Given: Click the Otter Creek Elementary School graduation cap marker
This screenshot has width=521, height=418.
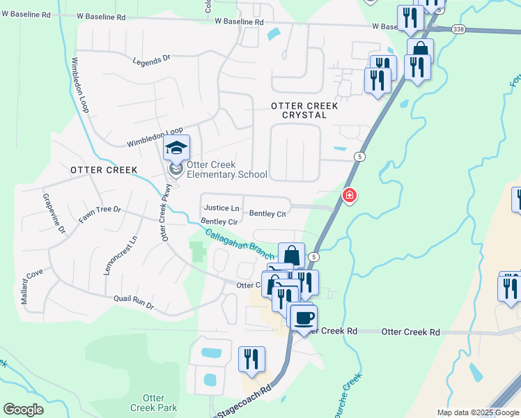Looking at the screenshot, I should pos(176,148).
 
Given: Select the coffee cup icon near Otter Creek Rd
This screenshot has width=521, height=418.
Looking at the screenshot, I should pos(303,318).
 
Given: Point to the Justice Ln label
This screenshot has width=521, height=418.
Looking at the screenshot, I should pos(221,208).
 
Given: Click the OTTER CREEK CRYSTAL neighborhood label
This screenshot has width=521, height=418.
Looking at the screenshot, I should pos(304,110).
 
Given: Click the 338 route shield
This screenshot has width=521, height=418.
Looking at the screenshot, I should pos(458,29).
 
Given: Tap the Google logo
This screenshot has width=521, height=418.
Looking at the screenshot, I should pos(24,410).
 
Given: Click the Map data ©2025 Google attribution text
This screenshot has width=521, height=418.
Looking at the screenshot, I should pos(478,413).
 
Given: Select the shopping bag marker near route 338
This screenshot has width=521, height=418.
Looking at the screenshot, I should pos(420,51).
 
